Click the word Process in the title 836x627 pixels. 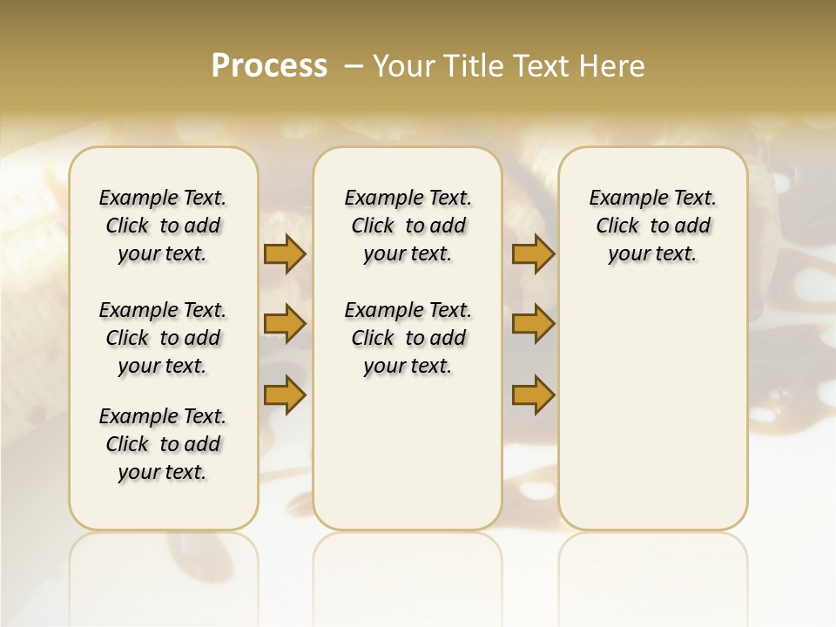click(x=269, y=66)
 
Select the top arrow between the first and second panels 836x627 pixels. click(x=285, y=254)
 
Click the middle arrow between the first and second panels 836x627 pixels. click(x=285, y=325)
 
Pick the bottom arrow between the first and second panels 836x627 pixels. click(x=285, y=394)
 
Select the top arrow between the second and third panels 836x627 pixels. click(x=533, y=254)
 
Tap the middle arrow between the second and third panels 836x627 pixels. click(x=533, y=325)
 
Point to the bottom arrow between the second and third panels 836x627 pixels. click(x=533, y=394)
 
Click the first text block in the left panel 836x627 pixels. click(x=163, y=226)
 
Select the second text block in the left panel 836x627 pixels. click(x=163, y=338)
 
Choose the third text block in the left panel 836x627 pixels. click(x=163, y=444)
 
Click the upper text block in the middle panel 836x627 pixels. click(x=408, y=226)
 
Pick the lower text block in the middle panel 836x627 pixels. click(x=408, y=338)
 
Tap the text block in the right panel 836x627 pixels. click(x=652, y=226)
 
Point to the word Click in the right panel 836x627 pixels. click(x=617, y=226)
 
